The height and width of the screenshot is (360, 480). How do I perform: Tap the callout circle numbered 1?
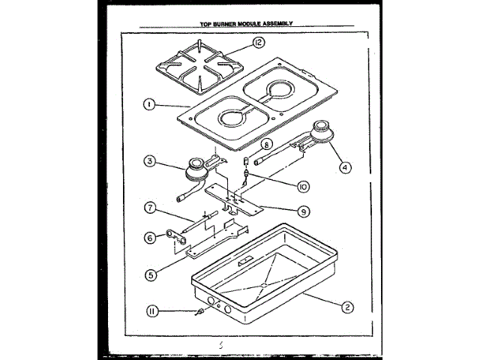click(x=150, y=105)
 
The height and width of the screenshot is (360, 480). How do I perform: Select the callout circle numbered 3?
click(x=150, y=160)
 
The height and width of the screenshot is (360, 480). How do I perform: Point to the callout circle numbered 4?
click(x=344, y=168)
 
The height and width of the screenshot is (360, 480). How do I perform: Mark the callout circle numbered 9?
click(x=304, y=212)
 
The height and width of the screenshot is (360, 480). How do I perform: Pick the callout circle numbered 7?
click(x=150, y=206)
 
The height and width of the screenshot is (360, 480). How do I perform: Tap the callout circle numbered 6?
click(x=150, y=238)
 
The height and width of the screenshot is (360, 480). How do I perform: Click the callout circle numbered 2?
click(x=346, y=306)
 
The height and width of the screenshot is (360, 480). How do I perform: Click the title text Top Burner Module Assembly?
click(x=240, y=23)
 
